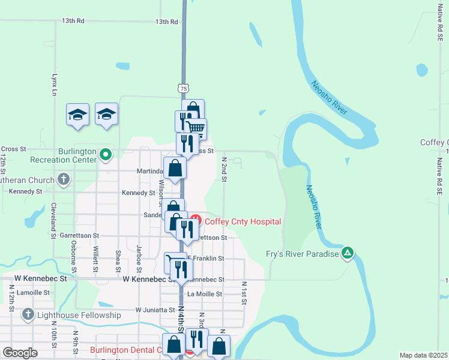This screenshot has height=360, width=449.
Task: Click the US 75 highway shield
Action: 184,88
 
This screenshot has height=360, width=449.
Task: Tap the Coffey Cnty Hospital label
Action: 243,221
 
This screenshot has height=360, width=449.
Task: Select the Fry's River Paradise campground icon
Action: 347,253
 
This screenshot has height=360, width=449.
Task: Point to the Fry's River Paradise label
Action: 303,254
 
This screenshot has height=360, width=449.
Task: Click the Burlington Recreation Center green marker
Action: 106,155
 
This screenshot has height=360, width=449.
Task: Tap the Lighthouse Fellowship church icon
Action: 28,314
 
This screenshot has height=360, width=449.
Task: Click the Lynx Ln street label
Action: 53,86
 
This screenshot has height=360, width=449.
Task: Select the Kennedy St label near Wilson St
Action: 139,193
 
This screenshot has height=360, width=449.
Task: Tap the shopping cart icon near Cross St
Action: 195,128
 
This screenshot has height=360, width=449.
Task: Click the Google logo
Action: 20,353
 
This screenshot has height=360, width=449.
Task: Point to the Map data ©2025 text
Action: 423,355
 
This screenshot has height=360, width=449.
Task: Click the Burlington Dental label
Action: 126,350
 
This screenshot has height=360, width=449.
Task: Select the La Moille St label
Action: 205,294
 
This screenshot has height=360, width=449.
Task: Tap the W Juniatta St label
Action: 154,310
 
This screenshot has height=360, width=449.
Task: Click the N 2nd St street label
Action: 224,167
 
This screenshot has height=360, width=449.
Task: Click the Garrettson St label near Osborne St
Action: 79,236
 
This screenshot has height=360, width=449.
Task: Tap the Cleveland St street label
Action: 53,212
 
